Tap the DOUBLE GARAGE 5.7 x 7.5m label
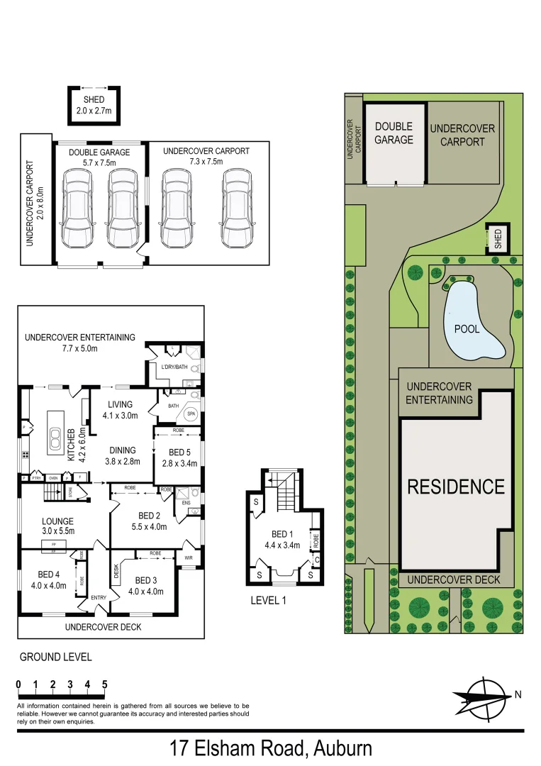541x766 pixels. (x=99, y=157)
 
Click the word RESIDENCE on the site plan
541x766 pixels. (x=456, y=487)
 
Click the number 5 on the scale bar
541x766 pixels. (x=105, y=684)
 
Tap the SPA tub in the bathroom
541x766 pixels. (x=191, y=413)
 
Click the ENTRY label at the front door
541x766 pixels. (x=99, y=598)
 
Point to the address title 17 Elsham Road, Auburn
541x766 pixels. (x=270, y=748)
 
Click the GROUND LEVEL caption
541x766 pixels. (x=55, y=657)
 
